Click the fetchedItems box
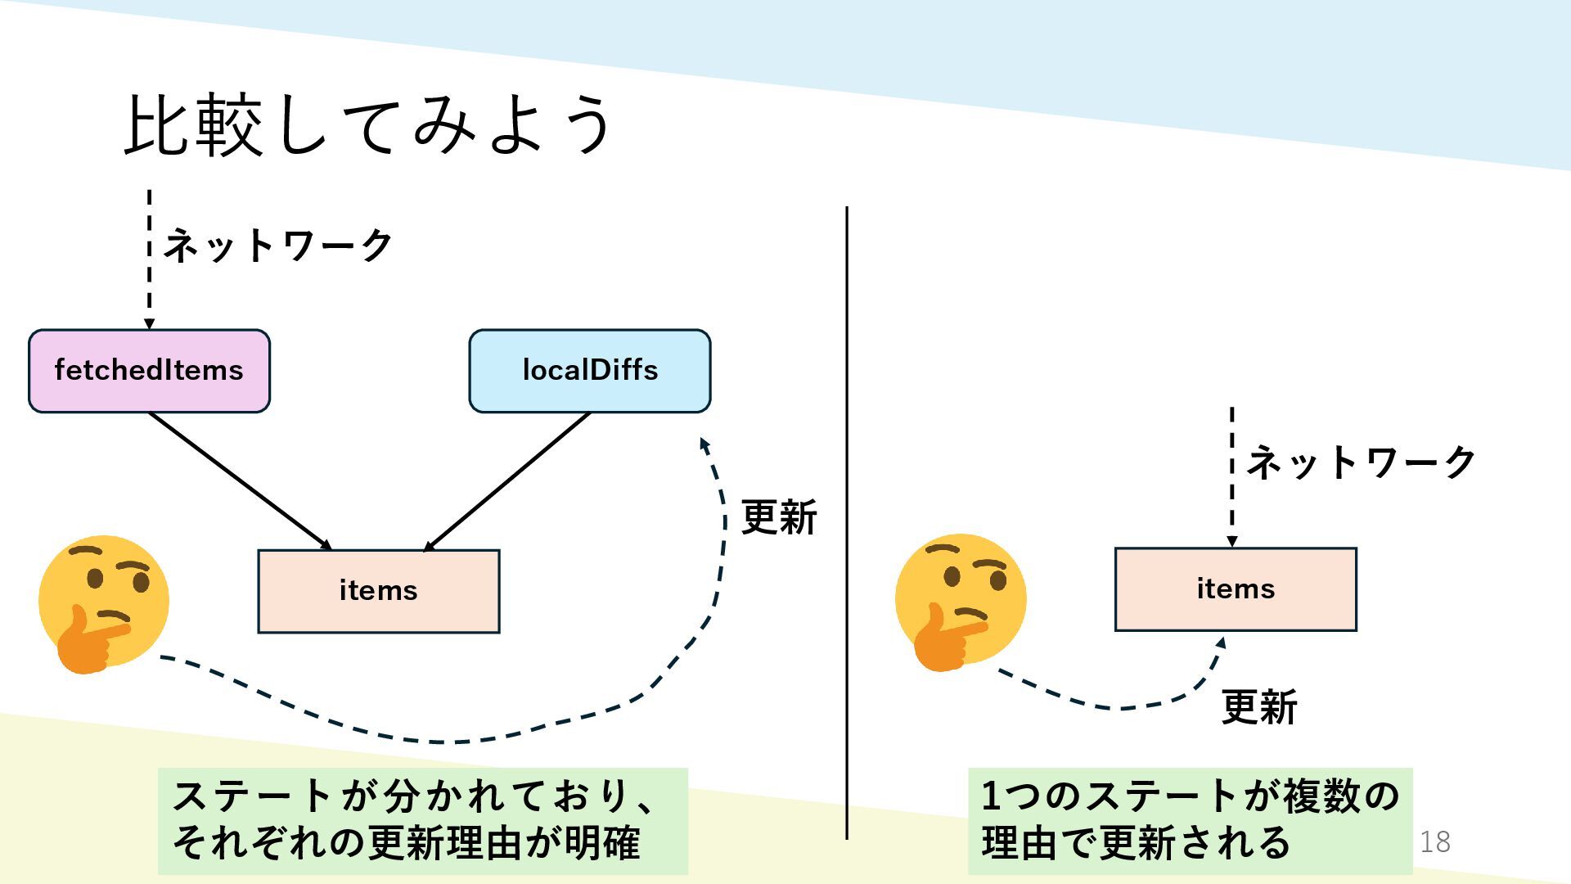click(149, 371)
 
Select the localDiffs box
click(589, 371)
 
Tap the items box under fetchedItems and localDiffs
click(378, 591)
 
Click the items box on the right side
click(1235, 589)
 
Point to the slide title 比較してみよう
click(368, 125)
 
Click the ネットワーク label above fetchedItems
click(278, 245)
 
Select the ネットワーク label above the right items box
click(1360, 462)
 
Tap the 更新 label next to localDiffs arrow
click(778, 517)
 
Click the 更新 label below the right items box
click(1258, 707)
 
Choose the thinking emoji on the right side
click(960, 602)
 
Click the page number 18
click(1434, 841)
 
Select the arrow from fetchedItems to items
click(239, 480)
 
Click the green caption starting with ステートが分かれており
click(422, 820)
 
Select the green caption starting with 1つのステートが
click(1190, 820)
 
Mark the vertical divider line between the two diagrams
click(847, 524)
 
